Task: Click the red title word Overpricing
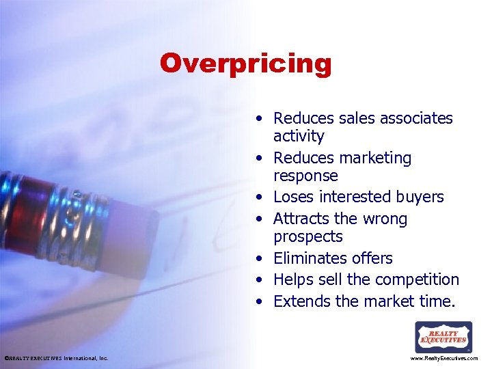[x=245, y=64]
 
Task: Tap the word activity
[x=299, y=136]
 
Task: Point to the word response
[x=305, y=176]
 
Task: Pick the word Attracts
[x=301, y=219]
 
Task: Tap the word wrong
[x=385, y=219]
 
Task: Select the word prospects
[x=307, y=236]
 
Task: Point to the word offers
[x=372, y=258]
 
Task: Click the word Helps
[x=292, y=279]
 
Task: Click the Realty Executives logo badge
[x=443, y=337]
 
